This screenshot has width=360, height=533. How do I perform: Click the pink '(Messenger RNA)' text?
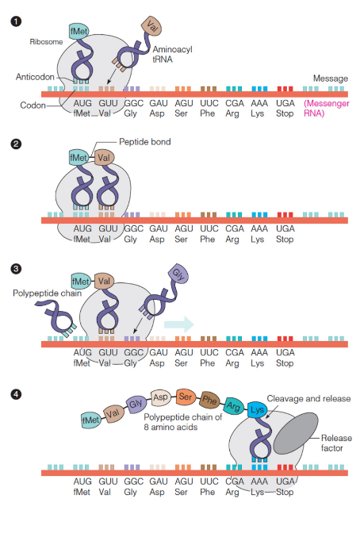click(324, 109)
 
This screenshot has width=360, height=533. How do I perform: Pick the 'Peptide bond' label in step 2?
click(144, 142)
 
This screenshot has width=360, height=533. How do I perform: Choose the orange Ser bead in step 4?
click(186, 395)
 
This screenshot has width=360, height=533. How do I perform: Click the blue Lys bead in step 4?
click(256, 410)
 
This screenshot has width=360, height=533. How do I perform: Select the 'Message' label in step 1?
click(331, 79)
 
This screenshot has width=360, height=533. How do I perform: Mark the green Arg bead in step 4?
click(233, 405)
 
